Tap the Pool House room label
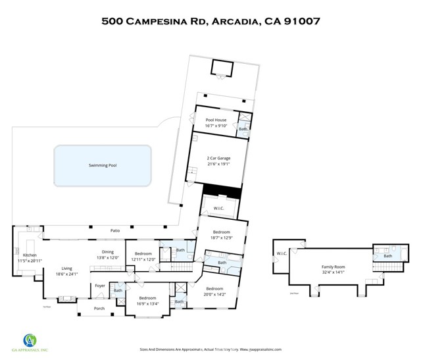coord(216,120)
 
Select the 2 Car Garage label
coord(219,158)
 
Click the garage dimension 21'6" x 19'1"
coord(219,163)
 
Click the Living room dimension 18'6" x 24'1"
coord(66,274)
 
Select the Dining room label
coord(108,253)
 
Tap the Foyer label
coord(100,286)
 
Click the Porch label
coord(99,308)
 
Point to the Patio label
coord(114,230)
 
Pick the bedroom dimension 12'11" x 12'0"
coord(144,259)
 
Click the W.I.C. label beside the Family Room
coord(282,253)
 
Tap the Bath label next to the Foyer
coord(118,290)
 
